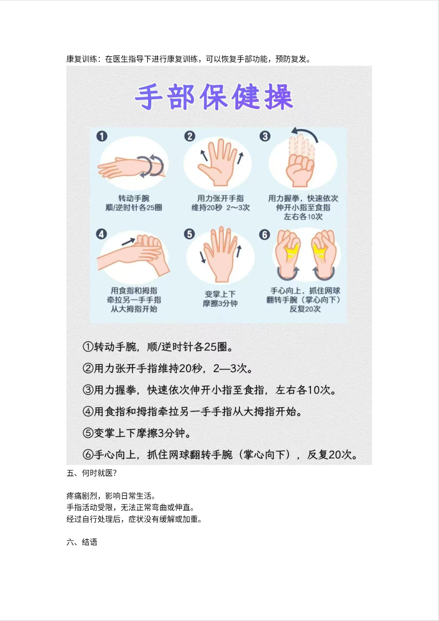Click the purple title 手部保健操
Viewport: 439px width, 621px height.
pos(214,97)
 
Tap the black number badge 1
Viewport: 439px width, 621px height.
pos(102,136)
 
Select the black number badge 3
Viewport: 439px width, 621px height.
pos(265,136)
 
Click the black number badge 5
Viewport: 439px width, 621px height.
pos(189,234)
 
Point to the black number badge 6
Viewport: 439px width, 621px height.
pos(265,235)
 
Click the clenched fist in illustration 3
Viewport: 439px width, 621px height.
pos(300,171)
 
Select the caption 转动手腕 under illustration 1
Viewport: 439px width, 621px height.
pos(134,198)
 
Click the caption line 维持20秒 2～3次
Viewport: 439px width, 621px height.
pos(221,207)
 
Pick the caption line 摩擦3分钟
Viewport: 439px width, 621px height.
pos(220,303)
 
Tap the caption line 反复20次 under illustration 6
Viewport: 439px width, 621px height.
pos(305,309)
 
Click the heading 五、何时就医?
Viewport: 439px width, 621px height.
pos(91,473)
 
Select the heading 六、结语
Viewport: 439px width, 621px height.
pos(82,542)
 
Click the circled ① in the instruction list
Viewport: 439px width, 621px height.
pos(88,347)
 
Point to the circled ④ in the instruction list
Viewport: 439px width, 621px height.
pos(88,412)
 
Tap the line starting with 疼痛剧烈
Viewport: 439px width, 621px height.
pos(111,496)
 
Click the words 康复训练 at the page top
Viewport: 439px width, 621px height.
pos(82,59)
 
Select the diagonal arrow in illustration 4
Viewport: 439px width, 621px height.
pos(128,242)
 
